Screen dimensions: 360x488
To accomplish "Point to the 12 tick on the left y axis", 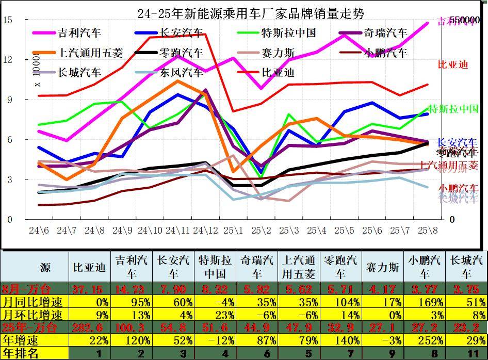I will pyautogui.click(x=8, y=59).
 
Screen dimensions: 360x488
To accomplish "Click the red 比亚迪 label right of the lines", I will pyautogui.click(x=452, y=64).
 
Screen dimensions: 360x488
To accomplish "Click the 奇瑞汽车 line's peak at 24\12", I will pyautogui.click(x=206, y=90).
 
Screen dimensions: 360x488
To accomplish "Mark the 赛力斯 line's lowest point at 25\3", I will pyautogui.click(x=289, y=201).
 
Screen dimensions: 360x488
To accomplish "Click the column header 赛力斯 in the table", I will pyautogui.click(x=382, y=267).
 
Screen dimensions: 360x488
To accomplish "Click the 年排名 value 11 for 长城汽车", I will pyautogui.click(x=466, y=353).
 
